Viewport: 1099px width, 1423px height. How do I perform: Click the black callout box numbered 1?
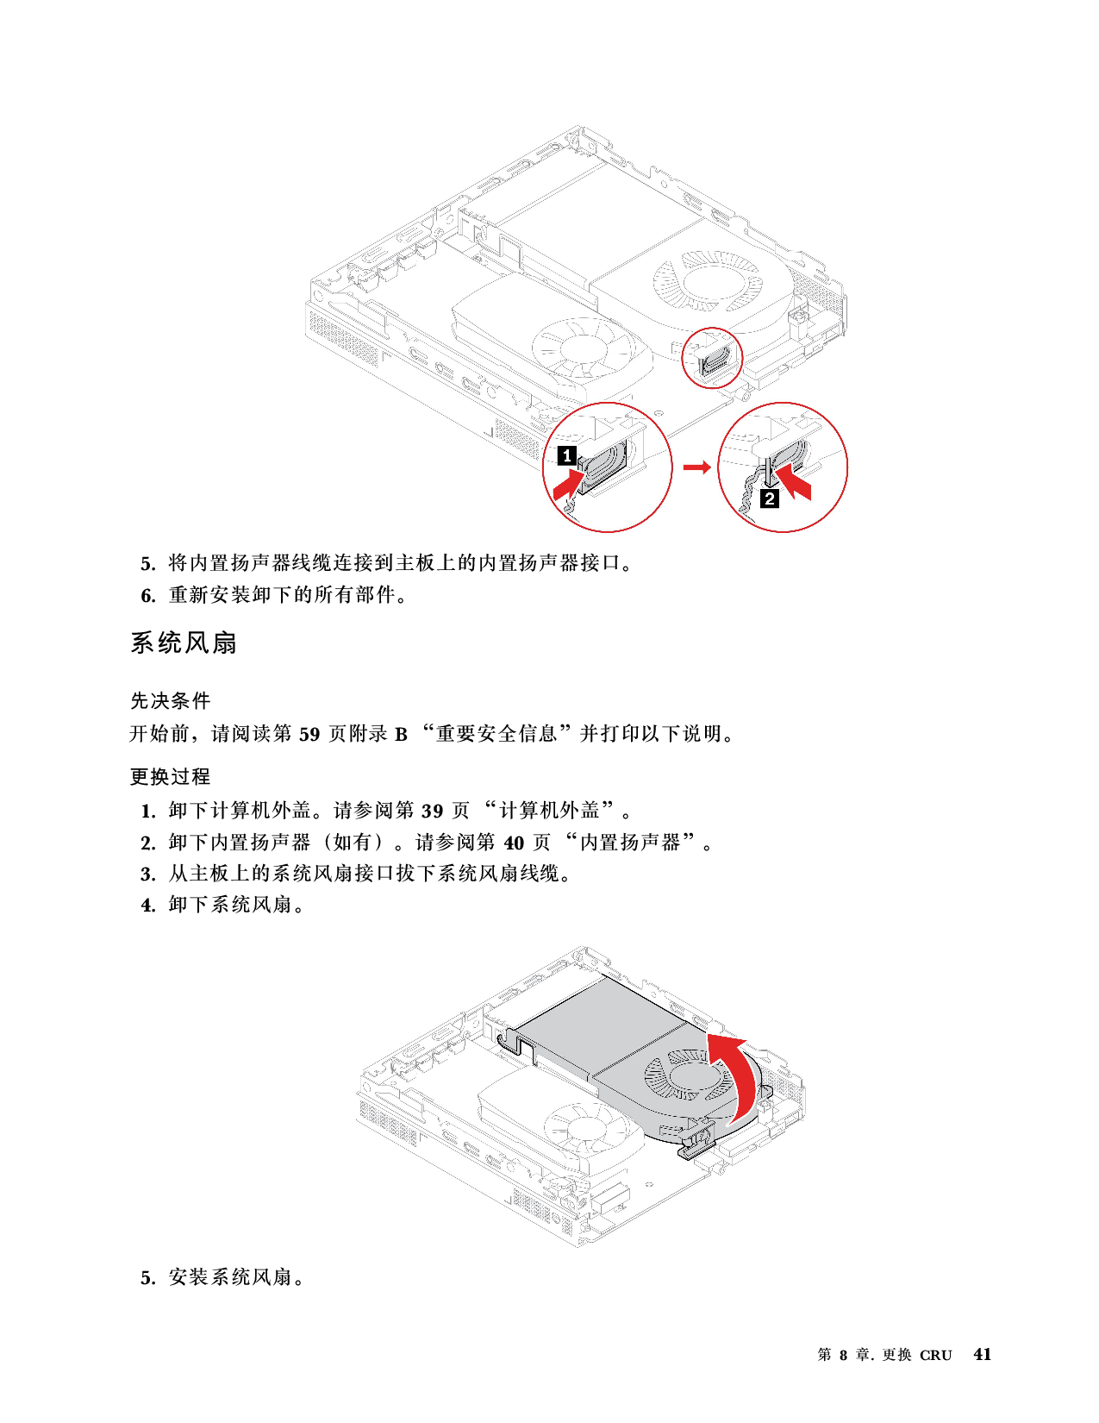(x=566, y=454)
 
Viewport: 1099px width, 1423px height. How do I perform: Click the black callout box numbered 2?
(x=770, y=498)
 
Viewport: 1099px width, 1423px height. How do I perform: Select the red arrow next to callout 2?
(x=794, y=481)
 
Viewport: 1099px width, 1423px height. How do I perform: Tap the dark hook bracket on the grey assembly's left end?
(x=518, y=1043)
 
